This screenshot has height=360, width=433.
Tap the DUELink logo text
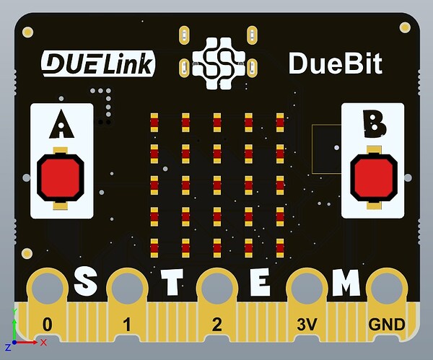click(x=97, y=63)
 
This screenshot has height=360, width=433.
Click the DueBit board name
click(x=335, y=63)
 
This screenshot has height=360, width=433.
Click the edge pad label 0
click(x=48, y=324)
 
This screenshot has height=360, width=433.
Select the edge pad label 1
click(x=127, y=324)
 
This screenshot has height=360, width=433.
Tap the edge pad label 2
click(x=217, y=324)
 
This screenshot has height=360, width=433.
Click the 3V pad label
click(x=307, y=324)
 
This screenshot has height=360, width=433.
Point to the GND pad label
click(x=387, y=324)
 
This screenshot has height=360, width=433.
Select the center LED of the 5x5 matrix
click(x=217, y=183)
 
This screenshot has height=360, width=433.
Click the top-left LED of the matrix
click(x=154, y=123)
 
